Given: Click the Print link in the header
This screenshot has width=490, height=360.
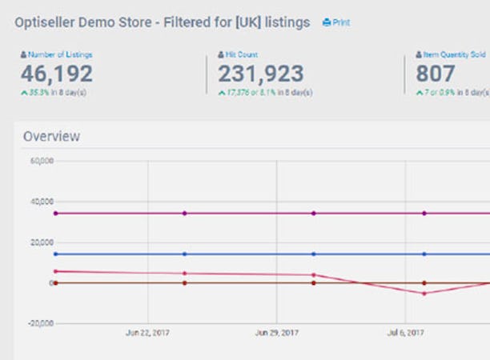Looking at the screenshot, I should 336,23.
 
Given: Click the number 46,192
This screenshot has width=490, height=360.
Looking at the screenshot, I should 57,74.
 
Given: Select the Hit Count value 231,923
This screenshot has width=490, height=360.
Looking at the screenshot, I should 261,74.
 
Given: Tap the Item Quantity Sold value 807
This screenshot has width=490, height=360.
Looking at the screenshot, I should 436,74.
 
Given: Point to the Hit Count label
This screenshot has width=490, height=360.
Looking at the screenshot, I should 241,54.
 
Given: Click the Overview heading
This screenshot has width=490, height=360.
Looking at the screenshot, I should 51,136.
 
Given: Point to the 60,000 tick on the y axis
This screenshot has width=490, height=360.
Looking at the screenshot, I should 42,161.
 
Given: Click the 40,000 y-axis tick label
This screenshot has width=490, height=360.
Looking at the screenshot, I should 42,202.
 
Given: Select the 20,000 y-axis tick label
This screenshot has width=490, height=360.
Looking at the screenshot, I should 42,242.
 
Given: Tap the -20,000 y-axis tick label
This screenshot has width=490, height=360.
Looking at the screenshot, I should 40,323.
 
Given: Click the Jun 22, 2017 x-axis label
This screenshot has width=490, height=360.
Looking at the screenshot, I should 148,332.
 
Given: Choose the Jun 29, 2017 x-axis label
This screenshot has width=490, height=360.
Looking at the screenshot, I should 276,332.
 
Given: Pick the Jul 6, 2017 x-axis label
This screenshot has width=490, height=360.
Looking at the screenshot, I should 405,332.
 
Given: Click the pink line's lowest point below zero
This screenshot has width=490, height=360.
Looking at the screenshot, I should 424,294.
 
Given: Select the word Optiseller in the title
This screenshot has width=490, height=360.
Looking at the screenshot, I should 45,22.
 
